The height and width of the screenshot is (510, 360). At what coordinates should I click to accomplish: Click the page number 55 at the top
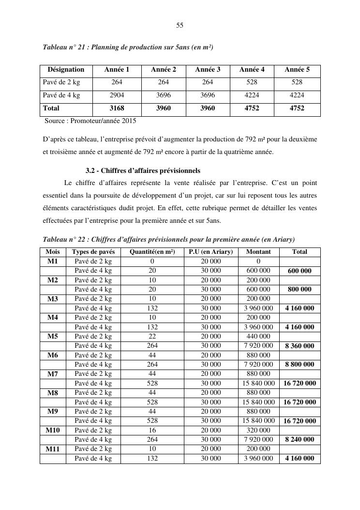click(180, 25)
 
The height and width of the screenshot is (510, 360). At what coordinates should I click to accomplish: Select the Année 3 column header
click(208, 70)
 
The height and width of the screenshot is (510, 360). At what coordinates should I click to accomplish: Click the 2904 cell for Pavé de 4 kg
click(117, 95)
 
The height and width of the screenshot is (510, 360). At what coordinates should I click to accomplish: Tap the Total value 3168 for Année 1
click(117, 108)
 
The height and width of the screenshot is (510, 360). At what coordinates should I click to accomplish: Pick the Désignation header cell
click(66, 70)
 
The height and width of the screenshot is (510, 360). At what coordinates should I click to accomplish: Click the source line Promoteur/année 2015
click(90, 121)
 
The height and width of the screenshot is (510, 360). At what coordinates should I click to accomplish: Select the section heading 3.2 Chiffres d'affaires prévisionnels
click(143, 171)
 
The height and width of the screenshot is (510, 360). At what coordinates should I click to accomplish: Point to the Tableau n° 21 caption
click(128, 47)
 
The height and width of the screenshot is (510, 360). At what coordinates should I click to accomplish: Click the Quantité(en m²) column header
click(152, 252)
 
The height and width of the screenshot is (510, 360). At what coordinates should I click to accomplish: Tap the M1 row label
click(53, 262)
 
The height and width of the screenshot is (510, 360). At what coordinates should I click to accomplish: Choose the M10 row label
click(53, 430)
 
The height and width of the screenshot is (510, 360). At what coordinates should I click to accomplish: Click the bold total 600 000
click(300, 271)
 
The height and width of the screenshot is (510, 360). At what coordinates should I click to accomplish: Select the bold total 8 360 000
click(300, 346)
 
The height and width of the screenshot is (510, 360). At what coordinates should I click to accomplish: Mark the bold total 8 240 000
click(300, 440)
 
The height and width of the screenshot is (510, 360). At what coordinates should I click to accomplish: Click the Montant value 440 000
click(258, 337)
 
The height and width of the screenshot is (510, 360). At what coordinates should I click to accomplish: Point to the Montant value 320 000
click(258, 430)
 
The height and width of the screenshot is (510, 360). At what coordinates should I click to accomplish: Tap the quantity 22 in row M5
click(152, 337)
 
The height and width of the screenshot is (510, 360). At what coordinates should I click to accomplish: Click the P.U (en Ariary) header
click(210, 252)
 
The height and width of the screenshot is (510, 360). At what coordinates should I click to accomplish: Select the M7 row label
click(53, 374)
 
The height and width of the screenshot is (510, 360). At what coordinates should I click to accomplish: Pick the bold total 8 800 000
click(300, 365)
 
